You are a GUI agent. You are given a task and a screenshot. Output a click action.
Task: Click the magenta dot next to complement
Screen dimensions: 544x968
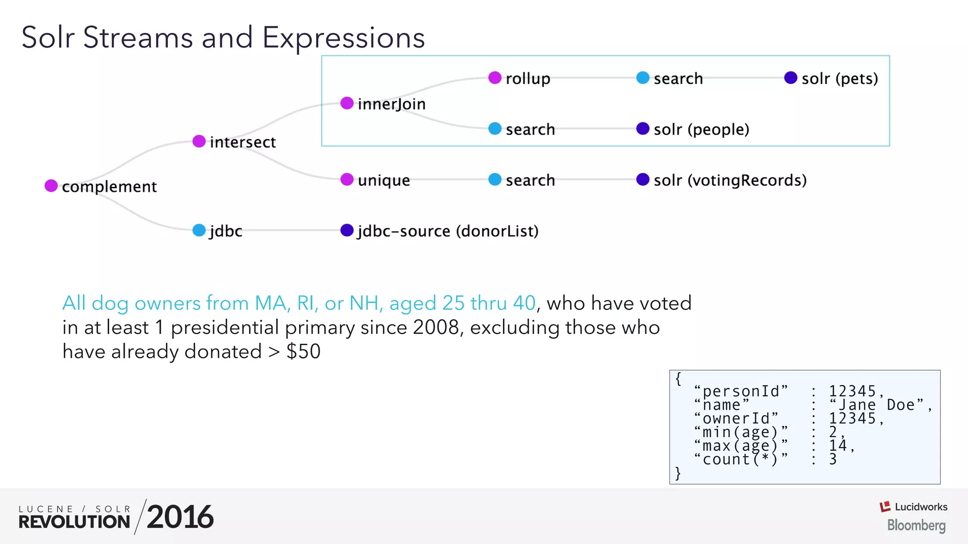(51, 186)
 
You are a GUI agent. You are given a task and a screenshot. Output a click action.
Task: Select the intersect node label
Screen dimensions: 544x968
(242, 142)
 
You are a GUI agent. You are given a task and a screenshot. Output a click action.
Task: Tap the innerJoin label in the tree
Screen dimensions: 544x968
(391, 104)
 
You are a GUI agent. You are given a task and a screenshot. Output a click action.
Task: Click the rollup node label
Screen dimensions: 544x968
(527, 78)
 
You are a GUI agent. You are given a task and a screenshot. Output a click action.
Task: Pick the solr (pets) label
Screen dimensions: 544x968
(839, 78)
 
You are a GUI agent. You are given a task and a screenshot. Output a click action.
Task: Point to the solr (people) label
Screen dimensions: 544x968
(701, 129)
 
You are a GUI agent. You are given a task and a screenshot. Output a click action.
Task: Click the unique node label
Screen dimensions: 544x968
(384, 180)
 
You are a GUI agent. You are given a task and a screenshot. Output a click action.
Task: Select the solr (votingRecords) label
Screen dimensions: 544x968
(730, 180)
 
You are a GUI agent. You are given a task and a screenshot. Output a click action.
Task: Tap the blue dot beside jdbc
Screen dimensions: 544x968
(199, 230)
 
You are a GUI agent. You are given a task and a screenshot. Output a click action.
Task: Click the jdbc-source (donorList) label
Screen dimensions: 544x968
(448, 231)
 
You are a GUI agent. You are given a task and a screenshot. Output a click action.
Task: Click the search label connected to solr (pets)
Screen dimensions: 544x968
(678, 78)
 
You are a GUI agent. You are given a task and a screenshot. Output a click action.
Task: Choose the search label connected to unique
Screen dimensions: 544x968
(530, 180)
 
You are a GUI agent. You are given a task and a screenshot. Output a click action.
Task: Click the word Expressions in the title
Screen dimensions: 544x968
(344, 38)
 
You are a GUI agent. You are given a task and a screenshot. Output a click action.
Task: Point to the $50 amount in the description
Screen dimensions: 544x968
(303, 352)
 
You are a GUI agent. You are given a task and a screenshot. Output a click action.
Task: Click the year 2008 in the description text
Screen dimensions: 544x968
(435, 327)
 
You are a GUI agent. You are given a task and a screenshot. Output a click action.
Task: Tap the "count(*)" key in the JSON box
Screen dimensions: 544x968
(741, 459)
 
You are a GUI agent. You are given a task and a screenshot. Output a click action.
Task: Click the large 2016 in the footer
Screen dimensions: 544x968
(180, 517)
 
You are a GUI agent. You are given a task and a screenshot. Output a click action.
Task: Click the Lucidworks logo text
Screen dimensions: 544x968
(920, 507)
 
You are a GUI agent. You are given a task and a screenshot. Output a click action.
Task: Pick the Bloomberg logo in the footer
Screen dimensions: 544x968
(916, 525)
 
